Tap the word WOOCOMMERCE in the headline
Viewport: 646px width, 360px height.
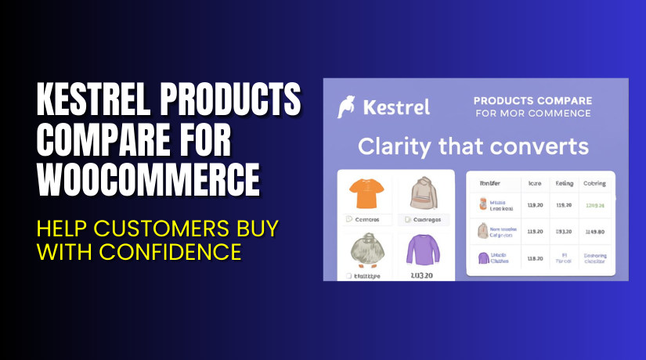click(149, 179)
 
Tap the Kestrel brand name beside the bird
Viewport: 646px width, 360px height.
click(395, 107)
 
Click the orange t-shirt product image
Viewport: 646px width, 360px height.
click(365, 194)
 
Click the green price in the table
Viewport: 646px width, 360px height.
click(594, 204)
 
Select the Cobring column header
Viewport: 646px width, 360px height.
click(594, 183)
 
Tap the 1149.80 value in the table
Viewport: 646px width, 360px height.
click(594, 231)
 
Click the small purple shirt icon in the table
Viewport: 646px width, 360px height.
click(483, 257)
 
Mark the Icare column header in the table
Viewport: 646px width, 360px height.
click(536, 183)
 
